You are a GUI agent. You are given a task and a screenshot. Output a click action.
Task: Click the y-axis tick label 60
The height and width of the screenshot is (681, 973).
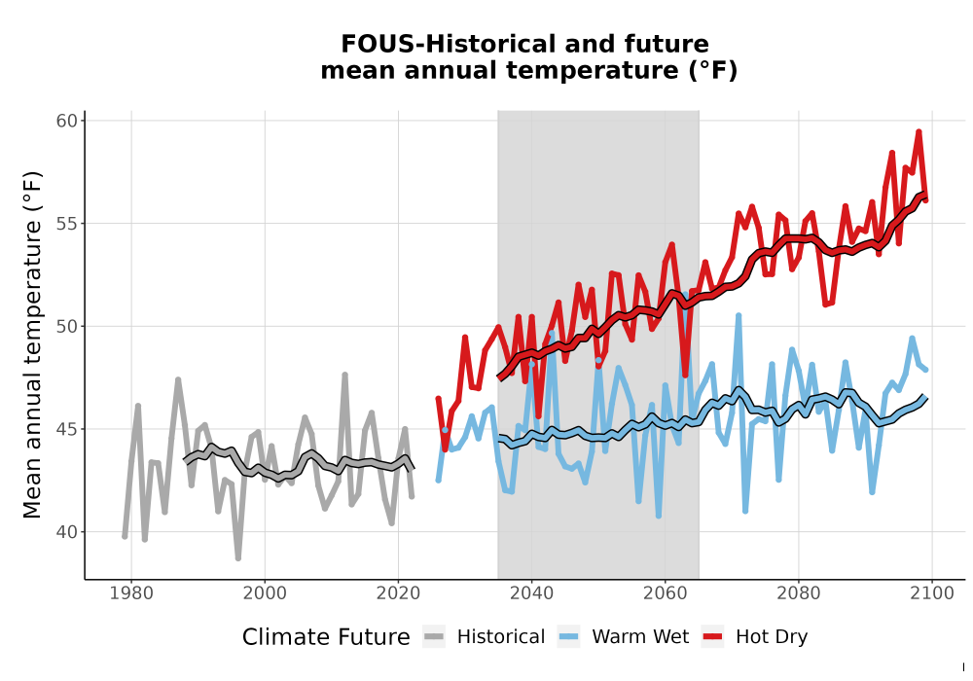point(67,121)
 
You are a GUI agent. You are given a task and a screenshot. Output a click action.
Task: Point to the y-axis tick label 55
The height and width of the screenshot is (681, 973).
point(67,224)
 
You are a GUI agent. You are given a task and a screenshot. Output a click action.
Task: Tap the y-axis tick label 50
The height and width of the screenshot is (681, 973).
point(67,326)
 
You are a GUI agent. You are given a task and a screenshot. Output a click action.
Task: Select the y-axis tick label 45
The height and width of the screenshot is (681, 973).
point(67,429)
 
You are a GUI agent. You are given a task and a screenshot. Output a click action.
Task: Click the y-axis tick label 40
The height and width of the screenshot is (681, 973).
point(67,532)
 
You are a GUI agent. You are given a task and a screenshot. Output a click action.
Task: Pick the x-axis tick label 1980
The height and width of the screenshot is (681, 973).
point(131,593)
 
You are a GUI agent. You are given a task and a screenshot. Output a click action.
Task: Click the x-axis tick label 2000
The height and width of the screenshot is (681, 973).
point(265,593)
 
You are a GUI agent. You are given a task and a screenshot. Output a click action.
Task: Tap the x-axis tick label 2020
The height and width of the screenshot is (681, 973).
point(398,593)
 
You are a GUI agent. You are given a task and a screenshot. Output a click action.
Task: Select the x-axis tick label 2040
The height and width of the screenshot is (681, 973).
point(532,593)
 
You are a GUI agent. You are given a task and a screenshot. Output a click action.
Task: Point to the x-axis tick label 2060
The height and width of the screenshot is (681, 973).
point(666,593)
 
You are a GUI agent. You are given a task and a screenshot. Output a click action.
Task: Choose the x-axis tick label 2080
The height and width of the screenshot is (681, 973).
point(799,593)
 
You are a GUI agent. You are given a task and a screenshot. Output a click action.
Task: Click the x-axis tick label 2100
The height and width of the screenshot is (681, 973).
point(932,593)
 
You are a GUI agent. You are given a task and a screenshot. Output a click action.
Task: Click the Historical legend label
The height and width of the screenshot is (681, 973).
point(501,637)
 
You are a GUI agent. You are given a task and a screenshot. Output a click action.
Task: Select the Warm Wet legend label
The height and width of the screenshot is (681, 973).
point(640,637)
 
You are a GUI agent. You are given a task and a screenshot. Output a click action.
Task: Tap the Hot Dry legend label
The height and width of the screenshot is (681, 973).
point(772,637)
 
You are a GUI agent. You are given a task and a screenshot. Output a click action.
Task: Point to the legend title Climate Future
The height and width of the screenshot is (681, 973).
point(326,637)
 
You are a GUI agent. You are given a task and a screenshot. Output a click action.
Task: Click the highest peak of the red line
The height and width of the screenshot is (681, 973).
point(919,131)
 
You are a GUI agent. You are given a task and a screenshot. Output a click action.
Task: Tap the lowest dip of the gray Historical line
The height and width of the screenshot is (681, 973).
point(238,558)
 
